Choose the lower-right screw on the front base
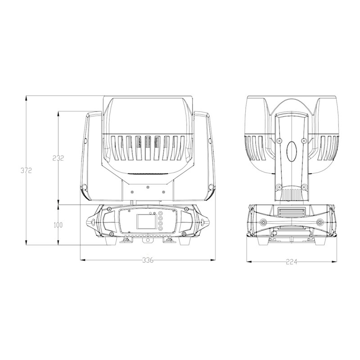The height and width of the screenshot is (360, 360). click(185, 234)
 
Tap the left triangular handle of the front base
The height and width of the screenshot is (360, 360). click(92, 222)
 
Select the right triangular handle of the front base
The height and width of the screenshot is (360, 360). click(203, 222)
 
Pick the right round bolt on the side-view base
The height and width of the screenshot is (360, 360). click(319, 222)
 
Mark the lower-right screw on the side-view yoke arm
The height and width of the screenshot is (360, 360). click(305, 186)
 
